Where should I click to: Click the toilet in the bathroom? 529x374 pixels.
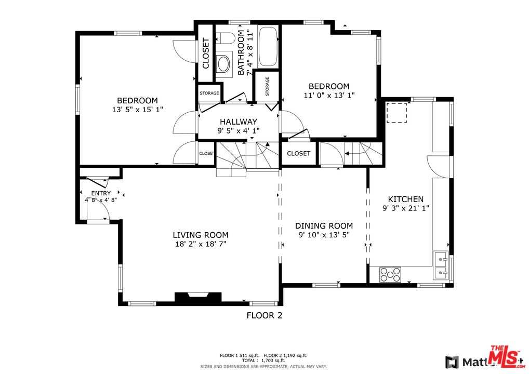(225, 38)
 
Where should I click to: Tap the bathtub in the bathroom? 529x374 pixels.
(268, 47)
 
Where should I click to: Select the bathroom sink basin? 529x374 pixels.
(224, 64)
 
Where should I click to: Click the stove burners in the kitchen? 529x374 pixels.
(390, 274)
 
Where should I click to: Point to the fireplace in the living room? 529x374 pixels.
(197, 298)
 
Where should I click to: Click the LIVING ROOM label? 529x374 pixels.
(201, 235)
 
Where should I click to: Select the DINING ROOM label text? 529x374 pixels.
(324, 226)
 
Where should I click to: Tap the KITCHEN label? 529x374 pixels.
(406, 199)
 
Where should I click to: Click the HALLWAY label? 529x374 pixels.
(238, 122)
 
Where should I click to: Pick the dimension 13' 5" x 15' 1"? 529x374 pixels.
(137, 110)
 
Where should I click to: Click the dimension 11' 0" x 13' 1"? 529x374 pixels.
(329, 95)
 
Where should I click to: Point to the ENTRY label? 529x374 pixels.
(101, 193)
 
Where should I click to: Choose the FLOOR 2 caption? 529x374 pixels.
(264, 315)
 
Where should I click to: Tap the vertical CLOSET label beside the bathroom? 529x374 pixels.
(205, 54)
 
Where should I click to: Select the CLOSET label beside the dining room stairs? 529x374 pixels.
(298, 153)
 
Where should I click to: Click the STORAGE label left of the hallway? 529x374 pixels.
(209, 94)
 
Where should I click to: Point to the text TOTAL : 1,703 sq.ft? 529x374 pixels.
(263, 360)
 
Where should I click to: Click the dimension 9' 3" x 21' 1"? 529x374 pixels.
(406, 208)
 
